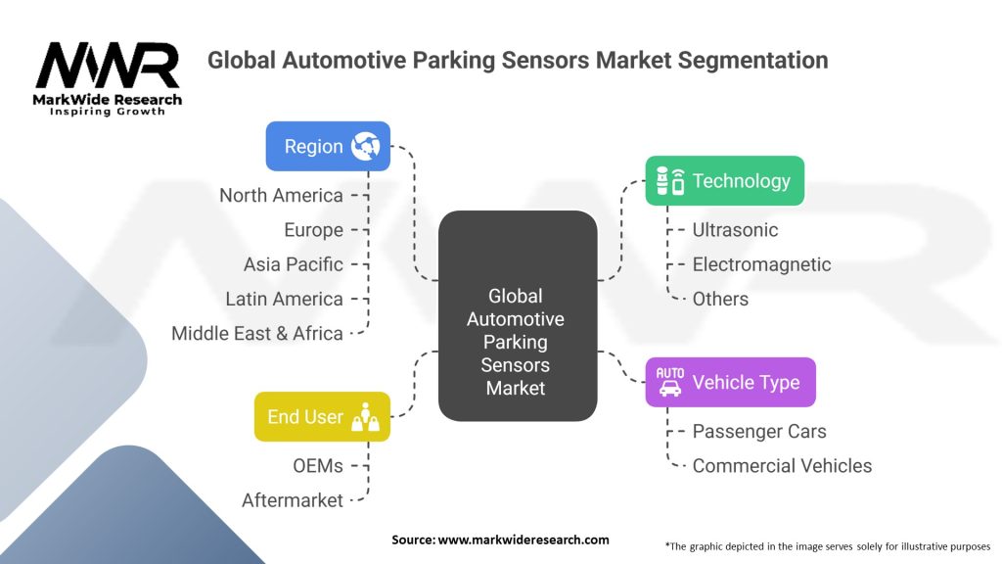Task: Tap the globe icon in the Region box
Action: click(368, 146)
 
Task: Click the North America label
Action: click(281, 196)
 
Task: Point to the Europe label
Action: click(313, 230)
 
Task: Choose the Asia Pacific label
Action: click(294, 264)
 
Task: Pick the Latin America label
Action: click(284, 299)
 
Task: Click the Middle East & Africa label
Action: click(256, 333)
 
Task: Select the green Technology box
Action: click(724, 181)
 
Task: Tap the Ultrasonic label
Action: click(735, 230)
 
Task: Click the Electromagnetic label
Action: click(761, 264)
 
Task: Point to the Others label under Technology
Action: click(720, 299)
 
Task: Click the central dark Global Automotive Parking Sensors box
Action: click(517, 316)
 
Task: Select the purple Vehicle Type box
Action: click(730, 382)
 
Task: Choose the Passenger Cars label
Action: click(758, 431)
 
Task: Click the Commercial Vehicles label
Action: click(782, 465)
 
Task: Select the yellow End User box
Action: click(322, 416)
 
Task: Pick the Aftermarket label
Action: click(293, 500)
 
